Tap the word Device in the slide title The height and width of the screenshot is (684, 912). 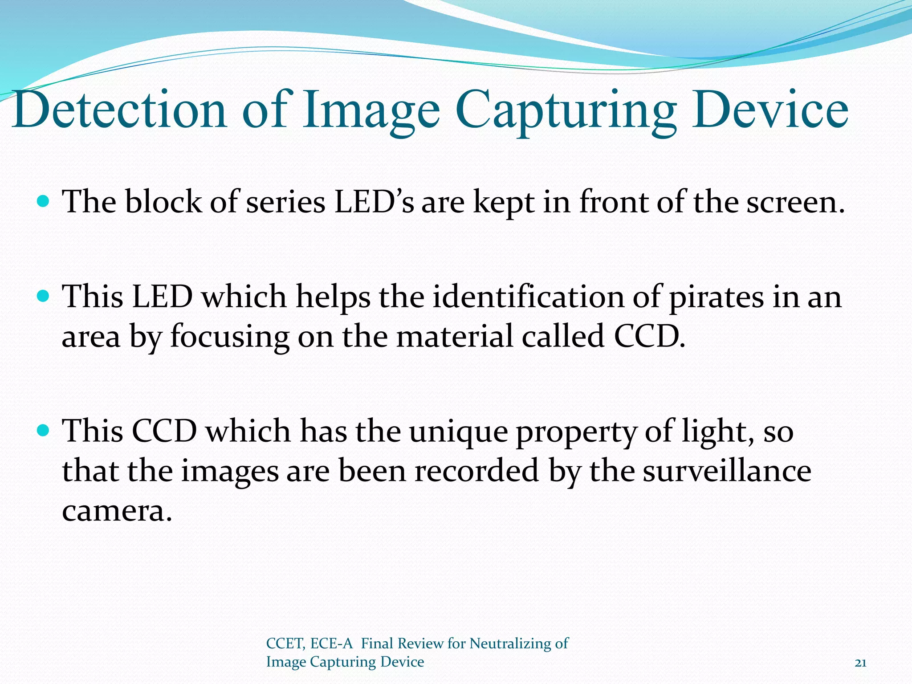[x=770, y=110]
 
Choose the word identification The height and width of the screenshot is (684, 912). [x=528, y=297]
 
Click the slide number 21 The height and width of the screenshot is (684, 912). [x=860, y=663]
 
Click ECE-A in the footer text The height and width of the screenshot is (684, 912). [x=331, y=644]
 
